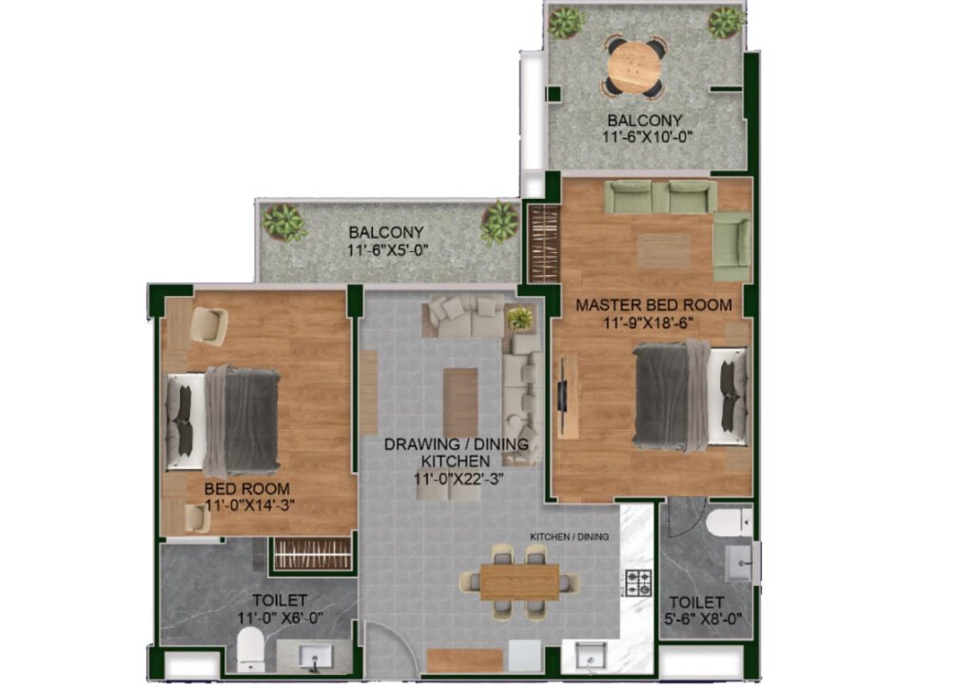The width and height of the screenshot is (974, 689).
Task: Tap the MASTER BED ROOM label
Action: click(x=653, y=305)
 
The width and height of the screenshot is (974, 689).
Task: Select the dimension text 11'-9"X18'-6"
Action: click(x=648, y=323)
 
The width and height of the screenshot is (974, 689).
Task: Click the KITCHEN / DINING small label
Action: click(x=569, y=536)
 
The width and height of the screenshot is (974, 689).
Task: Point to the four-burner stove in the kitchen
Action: click(x=638, y=583)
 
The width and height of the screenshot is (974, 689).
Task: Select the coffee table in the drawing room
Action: click(x=460, y=402)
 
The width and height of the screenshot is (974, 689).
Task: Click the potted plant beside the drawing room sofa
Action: click(x=520, y=318)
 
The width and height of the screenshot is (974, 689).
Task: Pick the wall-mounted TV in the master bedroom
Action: click(x=563, y=396)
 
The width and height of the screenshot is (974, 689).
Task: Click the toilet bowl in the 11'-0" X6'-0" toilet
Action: click(x=251, y=648)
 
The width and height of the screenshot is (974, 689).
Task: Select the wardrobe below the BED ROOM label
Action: click(x=313, y=553)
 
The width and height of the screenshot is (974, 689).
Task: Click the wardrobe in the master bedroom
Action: click(x=544, y=244)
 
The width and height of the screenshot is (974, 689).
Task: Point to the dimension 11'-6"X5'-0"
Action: click(x=388, y=250)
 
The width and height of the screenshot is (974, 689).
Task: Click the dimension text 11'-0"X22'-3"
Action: click(x=458, y=479)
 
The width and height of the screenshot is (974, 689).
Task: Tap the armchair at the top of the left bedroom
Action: click(x=208, y=326)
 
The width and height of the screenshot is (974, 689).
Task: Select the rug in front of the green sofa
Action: click(x=663, y=250)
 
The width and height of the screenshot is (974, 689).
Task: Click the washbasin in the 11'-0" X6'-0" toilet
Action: click(x=316, y=657)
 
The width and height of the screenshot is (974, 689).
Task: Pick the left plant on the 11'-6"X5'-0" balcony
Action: click(x=283, y=223)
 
